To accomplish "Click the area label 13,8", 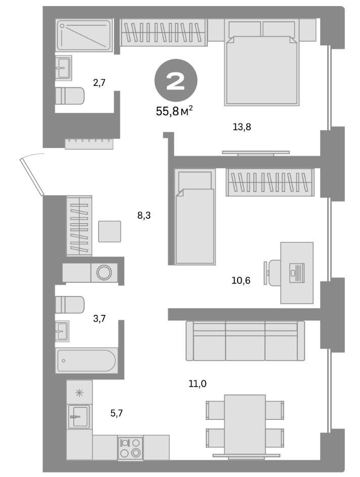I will coord(242,127).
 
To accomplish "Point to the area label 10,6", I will coord(241,280).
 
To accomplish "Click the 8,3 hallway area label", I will coord(144,215).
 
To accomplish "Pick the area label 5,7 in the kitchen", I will coord(117,413).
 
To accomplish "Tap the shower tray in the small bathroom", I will coord(84,35).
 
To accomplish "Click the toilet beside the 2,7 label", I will coord(70,96).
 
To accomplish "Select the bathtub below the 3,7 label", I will coord(86,361).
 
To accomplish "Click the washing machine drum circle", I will coord(105,273).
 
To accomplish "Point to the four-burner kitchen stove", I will coord(130,448).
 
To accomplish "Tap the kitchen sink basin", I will coord(79,416).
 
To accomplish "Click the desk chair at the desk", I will coord(273,273).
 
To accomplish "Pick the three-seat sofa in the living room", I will coord(245,341).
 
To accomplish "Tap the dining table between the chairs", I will coord(245,423).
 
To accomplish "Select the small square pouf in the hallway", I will coord(110,231).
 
